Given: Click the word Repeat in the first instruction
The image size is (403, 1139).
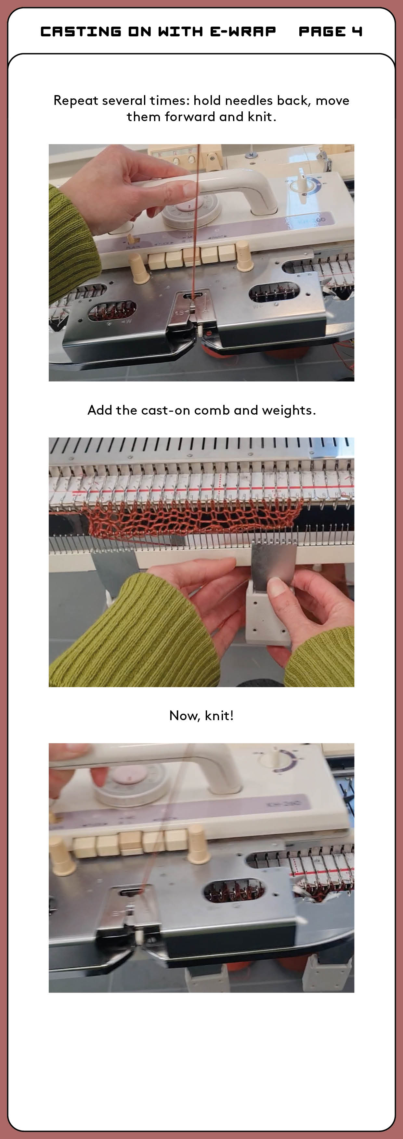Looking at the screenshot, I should point(76,101).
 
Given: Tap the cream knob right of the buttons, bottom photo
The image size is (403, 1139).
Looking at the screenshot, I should point(198,845).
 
